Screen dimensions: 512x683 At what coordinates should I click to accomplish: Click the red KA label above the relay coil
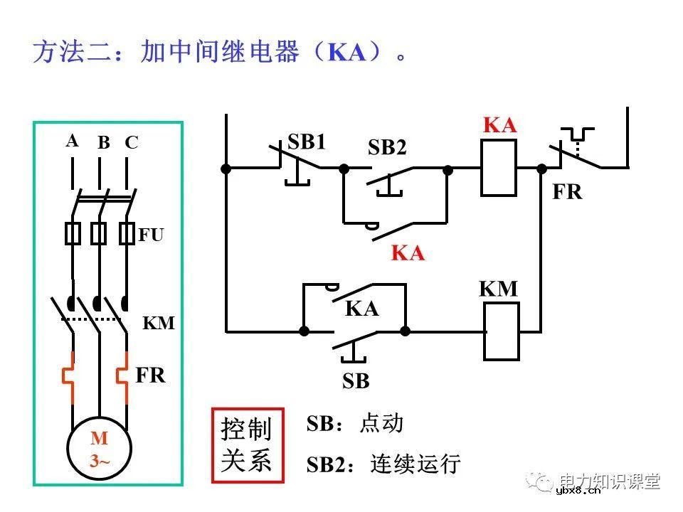click(x=499, y=125)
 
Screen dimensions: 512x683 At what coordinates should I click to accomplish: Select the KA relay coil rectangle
click(x=499, y=168)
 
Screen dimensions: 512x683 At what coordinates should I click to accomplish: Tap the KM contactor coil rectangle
click(x=502, y=331)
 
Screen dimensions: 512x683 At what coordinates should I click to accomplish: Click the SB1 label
click(x=307, y=142)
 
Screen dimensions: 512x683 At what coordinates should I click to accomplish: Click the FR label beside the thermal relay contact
click(x=567, y=192)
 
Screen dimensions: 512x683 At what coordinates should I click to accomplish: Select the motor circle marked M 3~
click(x=99, y=451)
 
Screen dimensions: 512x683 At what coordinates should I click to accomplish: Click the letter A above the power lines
click(x=72, y=141)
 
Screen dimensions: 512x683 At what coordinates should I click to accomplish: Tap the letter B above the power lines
click(x=104, y=143)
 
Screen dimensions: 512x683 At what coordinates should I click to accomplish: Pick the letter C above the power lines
click(x=131, y=143)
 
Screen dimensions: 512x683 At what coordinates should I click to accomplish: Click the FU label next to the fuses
click(x=151, y=235)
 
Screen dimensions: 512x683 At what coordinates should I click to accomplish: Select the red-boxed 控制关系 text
click(x=247, y=446)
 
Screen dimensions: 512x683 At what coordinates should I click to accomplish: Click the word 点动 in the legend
click(x=382, y=423)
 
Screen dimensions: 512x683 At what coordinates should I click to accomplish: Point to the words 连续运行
click(x=415, y=464)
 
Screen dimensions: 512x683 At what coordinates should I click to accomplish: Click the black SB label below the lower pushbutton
click(x=356, y=382)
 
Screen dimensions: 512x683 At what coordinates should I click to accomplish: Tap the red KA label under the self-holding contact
click(x=408, y=253)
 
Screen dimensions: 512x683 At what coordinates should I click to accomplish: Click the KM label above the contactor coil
click(x=498, y=289)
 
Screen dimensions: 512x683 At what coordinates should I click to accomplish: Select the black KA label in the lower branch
click(x=362, y=309)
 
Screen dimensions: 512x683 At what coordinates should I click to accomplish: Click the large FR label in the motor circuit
click(x=150, y=375)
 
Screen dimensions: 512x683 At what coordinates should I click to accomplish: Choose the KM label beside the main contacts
click(x=159, y=324)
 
